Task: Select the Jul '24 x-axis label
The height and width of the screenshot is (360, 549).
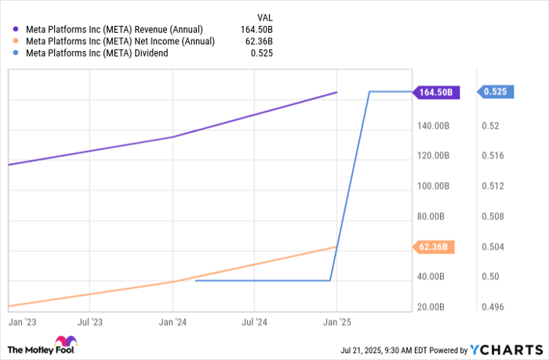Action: click(x=254, y=322)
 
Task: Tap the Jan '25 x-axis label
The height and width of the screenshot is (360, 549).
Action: click(x=336, y=322)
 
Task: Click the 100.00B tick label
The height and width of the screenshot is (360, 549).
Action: click(x=433, y=186)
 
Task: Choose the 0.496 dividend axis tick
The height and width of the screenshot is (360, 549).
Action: click(x=492, y=307)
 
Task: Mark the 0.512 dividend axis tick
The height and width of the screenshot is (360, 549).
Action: click(x=492, y=186)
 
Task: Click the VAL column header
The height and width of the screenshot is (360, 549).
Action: click(x=267, y=16)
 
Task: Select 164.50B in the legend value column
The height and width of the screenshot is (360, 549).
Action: click(x=259, y=29)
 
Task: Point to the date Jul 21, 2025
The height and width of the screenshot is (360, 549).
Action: click(x=364, y=350)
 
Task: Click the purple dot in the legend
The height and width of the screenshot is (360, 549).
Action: click(x=17, y=29)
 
